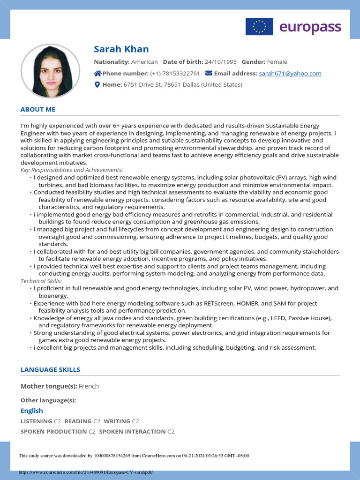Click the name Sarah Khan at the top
tap(121, 49)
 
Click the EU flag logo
tap(259, 27)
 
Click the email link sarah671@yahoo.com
tap(290, 74)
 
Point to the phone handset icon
tap(97, 74)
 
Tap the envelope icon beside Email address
tap(209, 74)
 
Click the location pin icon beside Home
tap(97, 85)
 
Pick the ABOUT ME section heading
tap(38, 109)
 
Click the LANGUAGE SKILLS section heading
tap(50, 370)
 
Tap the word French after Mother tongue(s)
tap(89, 386)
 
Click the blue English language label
tap(31, 411)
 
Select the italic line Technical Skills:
tap(38, 281)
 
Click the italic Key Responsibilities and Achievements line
tap(72, 170)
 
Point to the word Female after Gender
tap(277, 62)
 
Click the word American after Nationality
tap(144, 62)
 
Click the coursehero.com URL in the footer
tap(86, 472)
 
